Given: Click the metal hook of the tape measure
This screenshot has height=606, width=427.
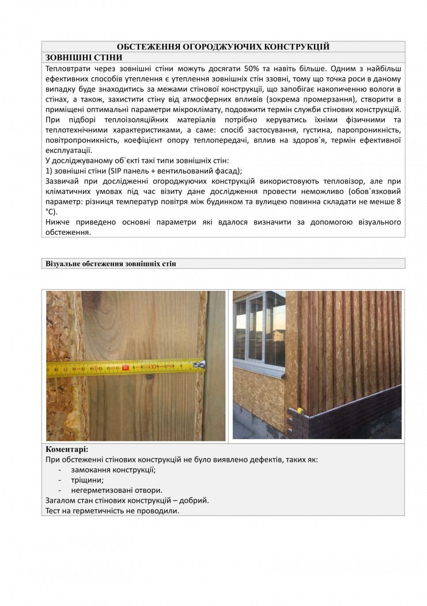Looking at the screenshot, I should tap(202, 364).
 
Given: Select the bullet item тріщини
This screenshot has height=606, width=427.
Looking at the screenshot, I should tap(88, 480).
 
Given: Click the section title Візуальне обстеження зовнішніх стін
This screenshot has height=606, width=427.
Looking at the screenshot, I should tap(111, 264).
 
